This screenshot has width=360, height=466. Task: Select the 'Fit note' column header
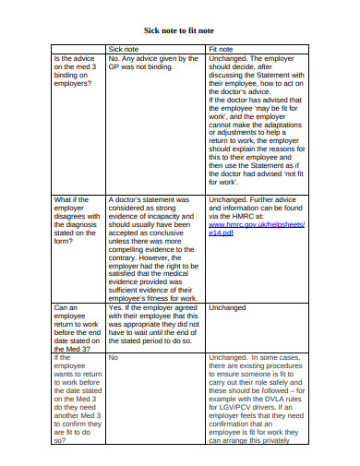coord(221,48)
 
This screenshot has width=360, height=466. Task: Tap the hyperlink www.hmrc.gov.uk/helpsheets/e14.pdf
coord(245,228)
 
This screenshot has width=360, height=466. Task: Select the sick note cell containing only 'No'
coord(114,356)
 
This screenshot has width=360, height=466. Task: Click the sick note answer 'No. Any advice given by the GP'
coord(152,63)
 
